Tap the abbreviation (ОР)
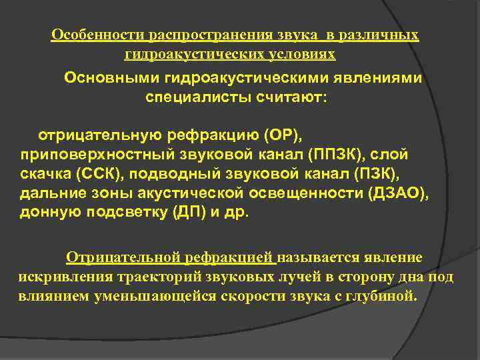(x=283, y=136)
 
